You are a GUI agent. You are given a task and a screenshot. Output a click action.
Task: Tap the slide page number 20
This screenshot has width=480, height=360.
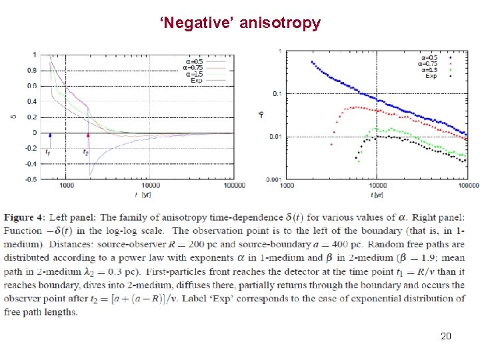tap(446, 336)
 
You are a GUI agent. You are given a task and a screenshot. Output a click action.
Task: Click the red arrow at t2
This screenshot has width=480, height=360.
tap(88, 138)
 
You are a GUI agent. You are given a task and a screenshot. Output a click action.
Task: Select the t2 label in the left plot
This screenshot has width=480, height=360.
tap(85, 153)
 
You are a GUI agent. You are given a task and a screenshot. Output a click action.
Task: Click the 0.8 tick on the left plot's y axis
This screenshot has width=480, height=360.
tap(31, 70)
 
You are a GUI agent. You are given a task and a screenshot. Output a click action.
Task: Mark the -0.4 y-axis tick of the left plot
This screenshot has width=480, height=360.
tap(30, 164)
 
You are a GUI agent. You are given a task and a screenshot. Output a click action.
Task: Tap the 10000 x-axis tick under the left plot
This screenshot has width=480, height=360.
tap(150, 185)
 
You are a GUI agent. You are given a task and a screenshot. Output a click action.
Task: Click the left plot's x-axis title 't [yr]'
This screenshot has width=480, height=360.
tap(141, 195)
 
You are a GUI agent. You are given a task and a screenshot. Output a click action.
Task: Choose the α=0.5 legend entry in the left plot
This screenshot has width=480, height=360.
tap(195, 61)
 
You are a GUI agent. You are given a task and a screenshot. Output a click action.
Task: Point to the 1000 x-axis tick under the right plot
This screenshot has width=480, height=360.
tap(287, 187)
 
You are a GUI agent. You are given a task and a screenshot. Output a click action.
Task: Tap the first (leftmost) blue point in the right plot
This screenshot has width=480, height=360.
tap(312, 62)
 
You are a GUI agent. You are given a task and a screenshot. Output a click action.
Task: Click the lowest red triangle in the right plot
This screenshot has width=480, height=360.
tap(331, 143)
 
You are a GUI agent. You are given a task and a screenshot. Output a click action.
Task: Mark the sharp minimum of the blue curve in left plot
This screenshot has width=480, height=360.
tap(91, 175)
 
